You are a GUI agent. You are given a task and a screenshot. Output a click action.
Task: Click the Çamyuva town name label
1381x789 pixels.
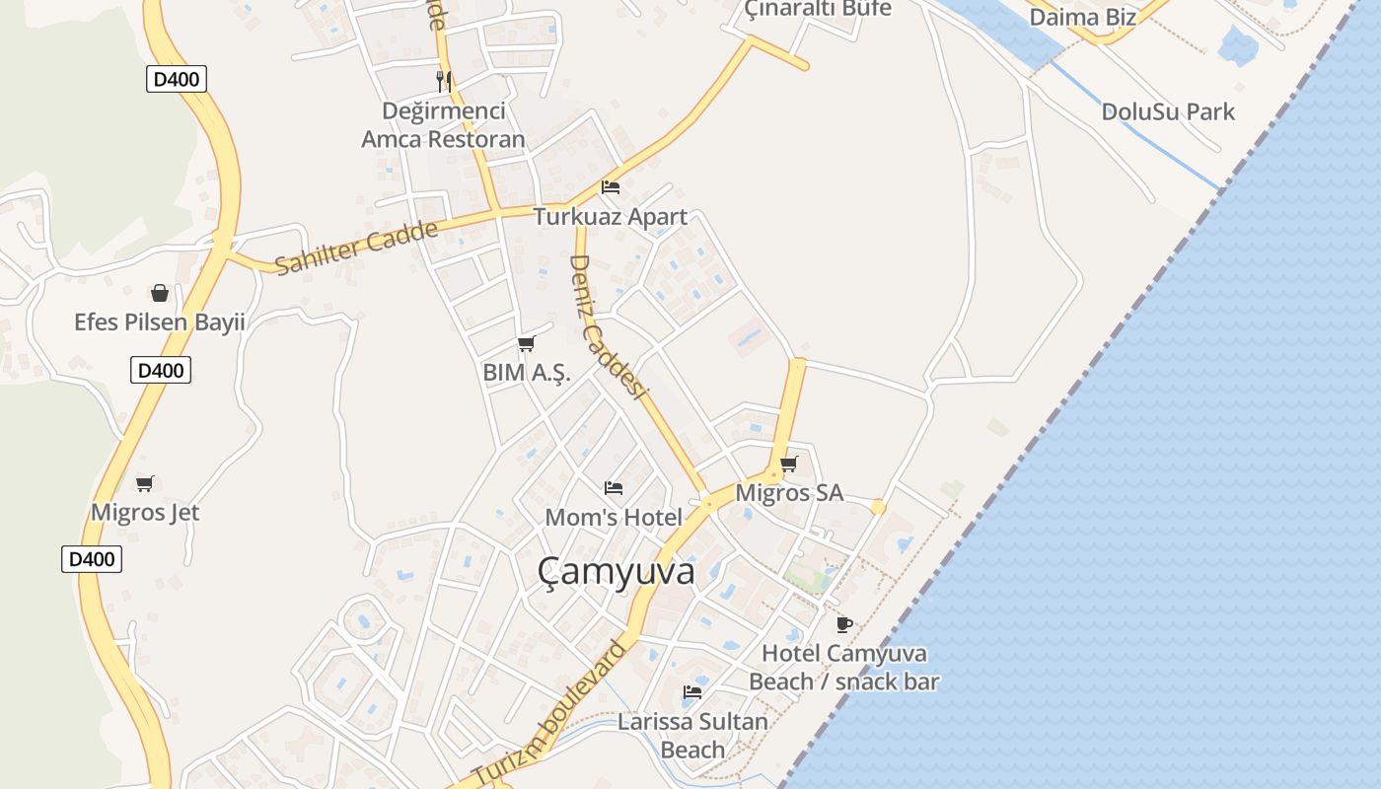click(x=617, y=572)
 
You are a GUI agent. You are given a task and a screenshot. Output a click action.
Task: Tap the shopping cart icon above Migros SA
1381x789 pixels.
click(x=788, y=464)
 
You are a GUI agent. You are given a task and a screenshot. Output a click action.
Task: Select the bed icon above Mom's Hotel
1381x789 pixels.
click(x=614, y=488)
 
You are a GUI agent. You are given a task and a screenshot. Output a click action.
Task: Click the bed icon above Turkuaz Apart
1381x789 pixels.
click(x=611, y=187)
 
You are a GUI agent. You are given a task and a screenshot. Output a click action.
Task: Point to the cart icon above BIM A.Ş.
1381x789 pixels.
click(x=526, y=344)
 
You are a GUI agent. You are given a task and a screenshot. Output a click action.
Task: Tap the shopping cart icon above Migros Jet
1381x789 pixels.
click(x=145, y=483)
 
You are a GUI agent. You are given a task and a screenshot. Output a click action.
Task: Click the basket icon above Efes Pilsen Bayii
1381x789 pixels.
click(x=160, y=293)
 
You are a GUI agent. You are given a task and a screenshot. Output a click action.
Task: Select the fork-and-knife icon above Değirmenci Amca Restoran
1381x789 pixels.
click(x=444, y=81)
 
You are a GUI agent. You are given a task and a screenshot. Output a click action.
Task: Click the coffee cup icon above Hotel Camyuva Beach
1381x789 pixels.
click(x=843, y=624)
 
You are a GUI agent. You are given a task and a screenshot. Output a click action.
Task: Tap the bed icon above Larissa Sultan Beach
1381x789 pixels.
click(x=692, y=692)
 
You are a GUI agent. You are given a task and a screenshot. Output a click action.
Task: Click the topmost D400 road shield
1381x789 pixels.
click(x=178, y=79)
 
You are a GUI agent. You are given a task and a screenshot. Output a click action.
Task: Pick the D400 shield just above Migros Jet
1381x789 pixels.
click(x=161, y=371)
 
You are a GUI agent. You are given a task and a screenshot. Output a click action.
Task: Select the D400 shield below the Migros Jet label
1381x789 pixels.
click(x=92, y=559)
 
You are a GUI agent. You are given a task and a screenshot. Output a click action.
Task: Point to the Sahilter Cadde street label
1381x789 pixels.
click(x=356, y=248)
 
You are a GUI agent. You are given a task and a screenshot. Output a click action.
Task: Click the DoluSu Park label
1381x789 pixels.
click(x=1168, y=111)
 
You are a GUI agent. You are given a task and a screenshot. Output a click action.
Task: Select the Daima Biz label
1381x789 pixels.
click(x=1082, y=17)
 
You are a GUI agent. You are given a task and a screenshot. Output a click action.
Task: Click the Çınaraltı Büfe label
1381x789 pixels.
click(x=818, y=9)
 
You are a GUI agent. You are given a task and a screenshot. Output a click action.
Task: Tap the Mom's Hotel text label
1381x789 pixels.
click(x=614, y=517)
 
